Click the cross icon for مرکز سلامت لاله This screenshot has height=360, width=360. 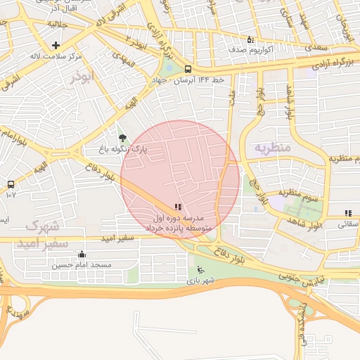pos(56,45)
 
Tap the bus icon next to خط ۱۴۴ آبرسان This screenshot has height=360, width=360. pos(188,69)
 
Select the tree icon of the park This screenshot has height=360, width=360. pos(124,139)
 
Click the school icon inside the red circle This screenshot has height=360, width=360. pos(177,207)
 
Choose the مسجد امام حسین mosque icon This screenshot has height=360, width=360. pos(82,255)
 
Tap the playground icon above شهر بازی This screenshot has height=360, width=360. pos(200,269)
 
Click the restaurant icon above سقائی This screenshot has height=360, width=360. pos(347,213)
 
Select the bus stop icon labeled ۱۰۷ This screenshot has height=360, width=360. pos(11,184)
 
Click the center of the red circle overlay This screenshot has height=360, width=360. pos(180,180)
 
